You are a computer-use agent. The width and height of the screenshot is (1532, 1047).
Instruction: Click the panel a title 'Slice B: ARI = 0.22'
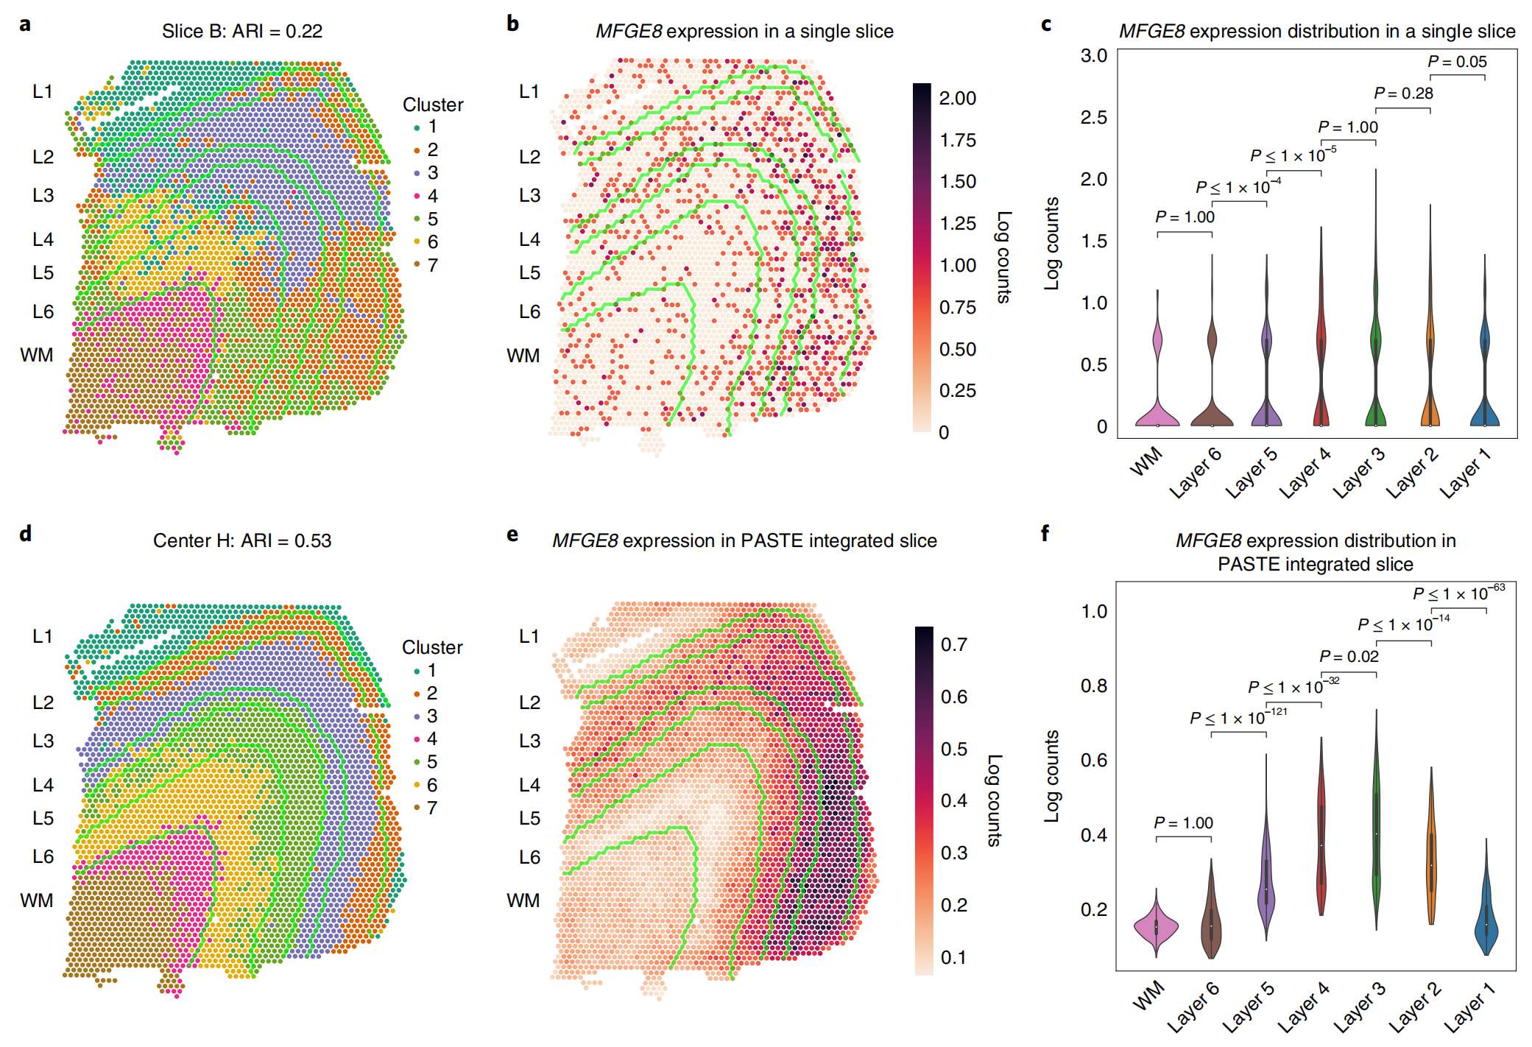click(x=241, y=31)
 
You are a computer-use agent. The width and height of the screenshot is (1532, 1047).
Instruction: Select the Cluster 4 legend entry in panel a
click(x=426, y=196)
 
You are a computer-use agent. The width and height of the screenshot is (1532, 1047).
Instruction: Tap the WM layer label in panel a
click(x=37, y=355)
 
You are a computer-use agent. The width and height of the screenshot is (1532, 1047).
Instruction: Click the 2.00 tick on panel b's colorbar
click(x=957, y=98)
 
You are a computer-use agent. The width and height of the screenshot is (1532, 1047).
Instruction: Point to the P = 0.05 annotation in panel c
click(x=1457, y=62)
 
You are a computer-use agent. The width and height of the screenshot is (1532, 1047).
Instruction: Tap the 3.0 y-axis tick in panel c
click(x=1093, y=56)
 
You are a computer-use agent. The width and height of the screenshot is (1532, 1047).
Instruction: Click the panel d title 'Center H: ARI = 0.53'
click(x=241, y=540)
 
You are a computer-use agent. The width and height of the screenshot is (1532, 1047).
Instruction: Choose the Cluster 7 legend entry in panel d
click(x=426, y=808)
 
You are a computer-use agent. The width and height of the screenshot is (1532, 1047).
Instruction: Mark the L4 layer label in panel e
click(x=529, y=785)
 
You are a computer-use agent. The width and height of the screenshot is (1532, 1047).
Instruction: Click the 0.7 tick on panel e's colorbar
click(x=953, y=644)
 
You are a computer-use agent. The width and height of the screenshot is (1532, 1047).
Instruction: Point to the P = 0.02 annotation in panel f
click(x=1349, y=656)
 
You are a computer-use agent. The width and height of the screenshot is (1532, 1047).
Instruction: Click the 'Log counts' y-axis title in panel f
click(x=1051, y=776)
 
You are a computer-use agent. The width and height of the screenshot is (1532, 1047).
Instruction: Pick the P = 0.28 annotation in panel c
click(x=1403, y=94)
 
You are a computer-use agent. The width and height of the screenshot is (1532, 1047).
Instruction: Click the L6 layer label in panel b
click(x=529, y=311)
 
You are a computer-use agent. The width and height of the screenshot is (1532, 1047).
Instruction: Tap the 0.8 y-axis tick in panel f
click(x=1093, y=686)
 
